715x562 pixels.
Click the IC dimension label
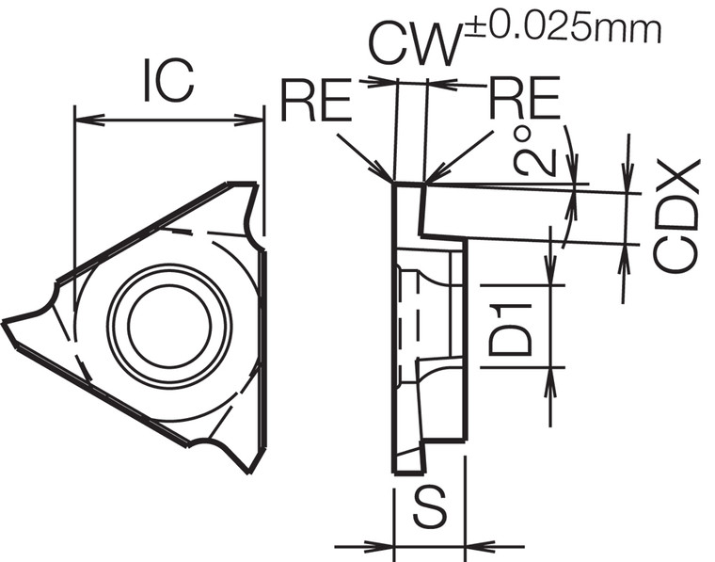click(169, 82)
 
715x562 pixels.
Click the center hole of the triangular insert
click(169, 325)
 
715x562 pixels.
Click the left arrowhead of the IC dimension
click(81, 120)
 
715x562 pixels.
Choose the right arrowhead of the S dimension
click(473, 545)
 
